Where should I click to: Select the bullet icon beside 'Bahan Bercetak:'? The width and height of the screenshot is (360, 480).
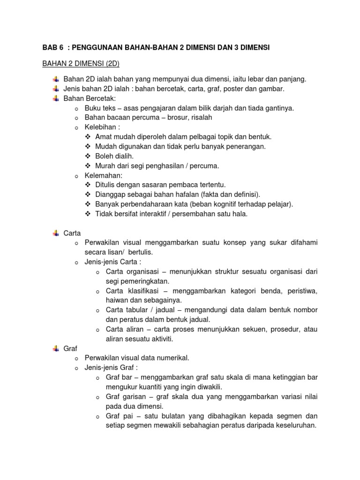[56, 98]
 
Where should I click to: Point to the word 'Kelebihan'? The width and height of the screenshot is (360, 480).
[100, 127]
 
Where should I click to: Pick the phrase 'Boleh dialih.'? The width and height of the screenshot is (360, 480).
[114, 156]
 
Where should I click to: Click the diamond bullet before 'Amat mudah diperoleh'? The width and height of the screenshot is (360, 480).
[88, 136]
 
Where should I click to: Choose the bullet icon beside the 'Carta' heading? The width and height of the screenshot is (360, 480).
[56, 233]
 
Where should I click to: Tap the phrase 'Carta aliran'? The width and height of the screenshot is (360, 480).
[125, 329]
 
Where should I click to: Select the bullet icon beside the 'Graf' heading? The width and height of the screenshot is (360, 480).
[56, 348]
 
